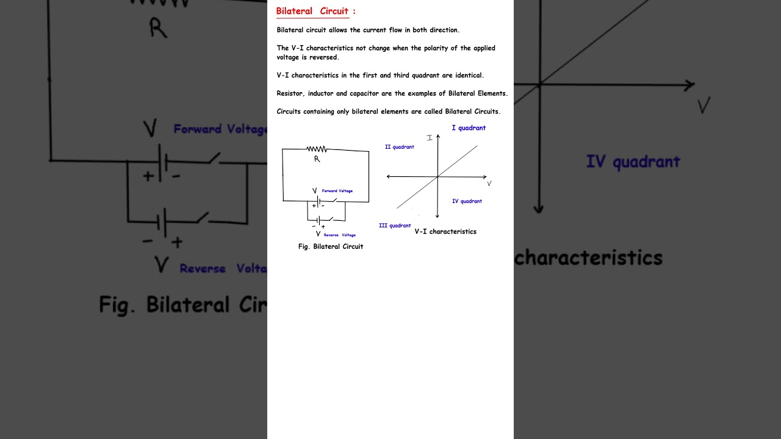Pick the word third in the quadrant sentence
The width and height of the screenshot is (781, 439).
[x=401, y=75]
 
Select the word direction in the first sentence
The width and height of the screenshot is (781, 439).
[x=444, y=30]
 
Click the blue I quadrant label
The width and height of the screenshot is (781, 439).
[x=469, y=128]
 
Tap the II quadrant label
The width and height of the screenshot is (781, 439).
[x=400, y=147]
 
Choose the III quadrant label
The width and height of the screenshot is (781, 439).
[x=395, y=226]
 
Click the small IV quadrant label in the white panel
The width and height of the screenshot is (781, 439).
[x=467, y=201]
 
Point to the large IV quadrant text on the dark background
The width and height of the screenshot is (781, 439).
[x=633, y=162]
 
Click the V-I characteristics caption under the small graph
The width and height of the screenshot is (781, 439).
[x=445, y=232]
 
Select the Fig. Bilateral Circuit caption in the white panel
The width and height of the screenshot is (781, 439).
[x=331, y=247]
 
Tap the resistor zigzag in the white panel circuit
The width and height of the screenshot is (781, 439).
[x=317, y=149]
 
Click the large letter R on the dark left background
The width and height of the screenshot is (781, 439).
[x=158, y=28]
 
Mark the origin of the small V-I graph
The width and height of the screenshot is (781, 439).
[x=437, y=177]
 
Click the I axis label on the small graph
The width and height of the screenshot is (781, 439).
[x=430, y=138]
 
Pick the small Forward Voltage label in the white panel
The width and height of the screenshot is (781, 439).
[x=337, y=191]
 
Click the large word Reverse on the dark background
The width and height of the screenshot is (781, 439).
[x=203, y=269]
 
